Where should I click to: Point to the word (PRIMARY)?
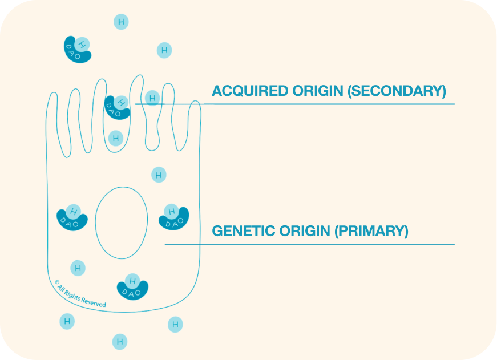[371, 231]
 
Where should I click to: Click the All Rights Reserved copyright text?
[80, 293]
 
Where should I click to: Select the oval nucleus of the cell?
[122, 223]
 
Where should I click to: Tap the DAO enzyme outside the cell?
[78, 50]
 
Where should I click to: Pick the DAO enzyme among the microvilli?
[117, 107]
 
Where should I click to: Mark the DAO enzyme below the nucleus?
[132, 287]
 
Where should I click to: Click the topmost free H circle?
[120, 22]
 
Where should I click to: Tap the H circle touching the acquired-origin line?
[152, 98]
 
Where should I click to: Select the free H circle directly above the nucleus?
[159, 175]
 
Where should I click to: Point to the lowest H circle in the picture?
[120, 342]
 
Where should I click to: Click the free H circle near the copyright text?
[78, 268]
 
